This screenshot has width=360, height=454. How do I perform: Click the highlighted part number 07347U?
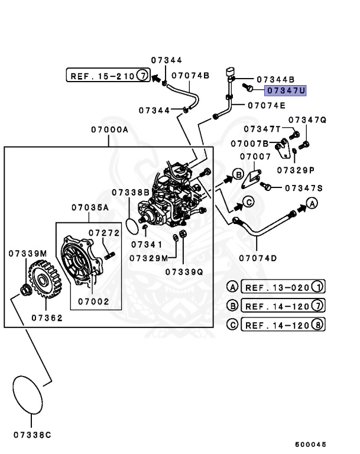286,91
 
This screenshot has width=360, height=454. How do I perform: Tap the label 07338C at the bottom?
32,434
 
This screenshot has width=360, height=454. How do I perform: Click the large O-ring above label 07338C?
29,394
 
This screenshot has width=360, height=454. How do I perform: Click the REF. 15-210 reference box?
107,76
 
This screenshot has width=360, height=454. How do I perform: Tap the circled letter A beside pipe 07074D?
313,204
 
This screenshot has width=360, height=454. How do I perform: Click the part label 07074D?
258,258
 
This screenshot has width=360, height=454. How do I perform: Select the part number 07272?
104,232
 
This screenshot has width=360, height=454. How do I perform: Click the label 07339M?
28,253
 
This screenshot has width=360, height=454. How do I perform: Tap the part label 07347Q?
307,120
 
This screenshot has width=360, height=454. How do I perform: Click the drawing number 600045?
310,444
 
